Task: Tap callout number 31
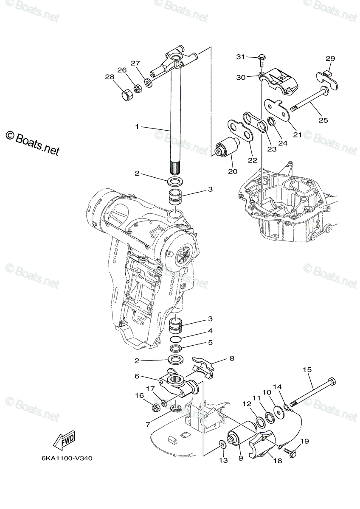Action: [x=241, y=57]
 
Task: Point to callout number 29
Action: [x=330, y=59]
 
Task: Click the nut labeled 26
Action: [x=138, y=89]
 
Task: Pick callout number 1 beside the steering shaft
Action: [x=137, y=126]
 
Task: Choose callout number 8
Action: [x=232, y=358]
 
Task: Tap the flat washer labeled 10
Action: [x=278, y=411]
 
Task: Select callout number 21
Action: [x=297, y=135]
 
